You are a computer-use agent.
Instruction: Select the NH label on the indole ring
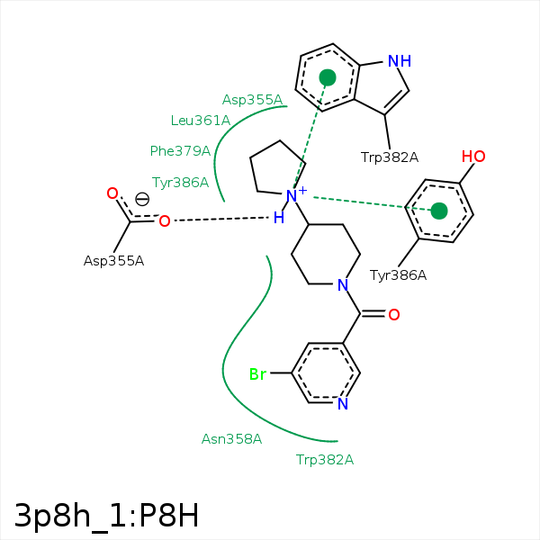[x=399, y=61]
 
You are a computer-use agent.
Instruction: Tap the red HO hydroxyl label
[x=473, y=157]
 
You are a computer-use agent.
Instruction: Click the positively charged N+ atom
[x=292, y=195]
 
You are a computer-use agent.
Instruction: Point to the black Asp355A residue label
[x=113, y=261]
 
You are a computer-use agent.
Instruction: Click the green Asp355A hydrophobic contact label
[x=252, y=100]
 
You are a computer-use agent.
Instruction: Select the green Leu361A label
[x=201, y=120]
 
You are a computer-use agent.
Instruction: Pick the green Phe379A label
[x=180, y=151]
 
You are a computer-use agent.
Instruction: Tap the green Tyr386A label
[x=180, y=183]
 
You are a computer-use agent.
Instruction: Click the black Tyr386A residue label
[x=398, y=275]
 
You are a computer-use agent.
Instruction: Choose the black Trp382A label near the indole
[x=390, y=157]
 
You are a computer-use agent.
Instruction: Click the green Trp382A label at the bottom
[x=325, y=460]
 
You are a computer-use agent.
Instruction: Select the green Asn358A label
[x=231, y=439]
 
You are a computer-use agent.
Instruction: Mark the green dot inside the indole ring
[x=328, y=78]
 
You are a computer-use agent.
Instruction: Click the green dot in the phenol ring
[x=438, y=211]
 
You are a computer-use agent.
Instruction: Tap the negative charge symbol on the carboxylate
[x=142, y=200]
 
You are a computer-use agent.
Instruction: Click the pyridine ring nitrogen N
[x=342, y=404]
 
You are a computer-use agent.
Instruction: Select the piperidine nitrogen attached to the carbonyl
[x=341, y=284]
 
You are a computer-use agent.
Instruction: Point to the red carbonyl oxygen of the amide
[x=393, y=314]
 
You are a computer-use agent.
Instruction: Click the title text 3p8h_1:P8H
[x=106, y=515]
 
